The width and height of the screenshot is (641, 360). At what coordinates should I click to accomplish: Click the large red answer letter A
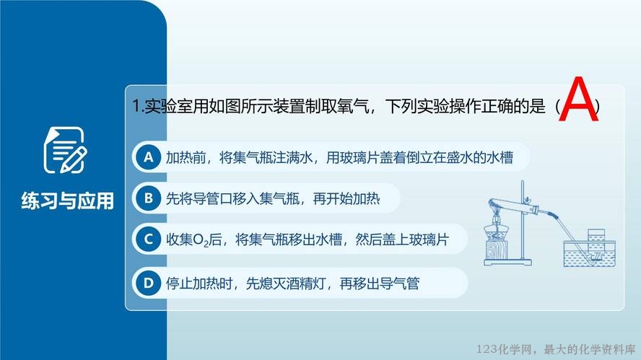point(578,99)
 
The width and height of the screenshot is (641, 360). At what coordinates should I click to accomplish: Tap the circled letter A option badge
point(148,157)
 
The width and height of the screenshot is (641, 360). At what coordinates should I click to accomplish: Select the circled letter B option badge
point(148,198)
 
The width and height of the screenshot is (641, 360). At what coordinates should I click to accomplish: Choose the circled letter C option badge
point(148,239)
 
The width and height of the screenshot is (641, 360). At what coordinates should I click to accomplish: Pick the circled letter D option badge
point(148,283)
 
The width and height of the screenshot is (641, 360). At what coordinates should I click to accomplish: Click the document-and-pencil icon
point(65,149)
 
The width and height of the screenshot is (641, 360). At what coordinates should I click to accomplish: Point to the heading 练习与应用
point(67,201)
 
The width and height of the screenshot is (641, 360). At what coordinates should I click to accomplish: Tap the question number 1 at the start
point(136,107)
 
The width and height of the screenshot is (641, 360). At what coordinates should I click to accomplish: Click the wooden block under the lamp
point(497,250)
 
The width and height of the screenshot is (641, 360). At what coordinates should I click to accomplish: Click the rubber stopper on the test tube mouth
point(535,211)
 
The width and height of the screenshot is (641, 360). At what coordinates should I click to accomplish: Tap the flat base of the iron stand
point(507,263)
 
